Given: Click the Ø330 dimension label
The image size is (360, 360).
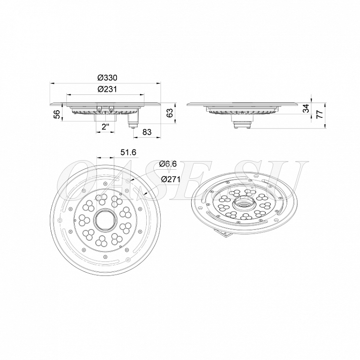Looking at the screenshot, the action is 107,78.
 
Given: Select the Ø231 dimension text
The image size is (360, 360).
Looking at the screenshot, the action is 107,89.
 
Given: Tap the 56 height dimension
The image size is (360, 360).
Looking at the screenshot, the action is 57,115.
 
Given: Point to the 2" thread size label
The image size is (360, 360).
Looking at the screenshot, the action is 105,127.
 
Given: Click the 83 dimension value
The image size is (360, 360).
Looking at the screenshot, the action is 147,132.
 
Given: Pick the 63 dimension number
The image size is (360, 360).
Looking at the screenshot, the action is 169,113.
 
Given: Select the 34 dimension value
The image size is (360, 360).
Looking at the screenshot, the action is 306,108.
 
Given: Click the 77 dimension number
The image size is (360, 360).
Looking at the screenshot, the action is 319,114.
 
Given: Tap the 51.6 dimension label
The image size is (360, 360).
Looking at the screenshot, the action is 128,152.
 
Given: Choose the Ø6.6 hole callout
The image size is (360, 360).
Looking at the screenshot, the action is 168,164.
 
